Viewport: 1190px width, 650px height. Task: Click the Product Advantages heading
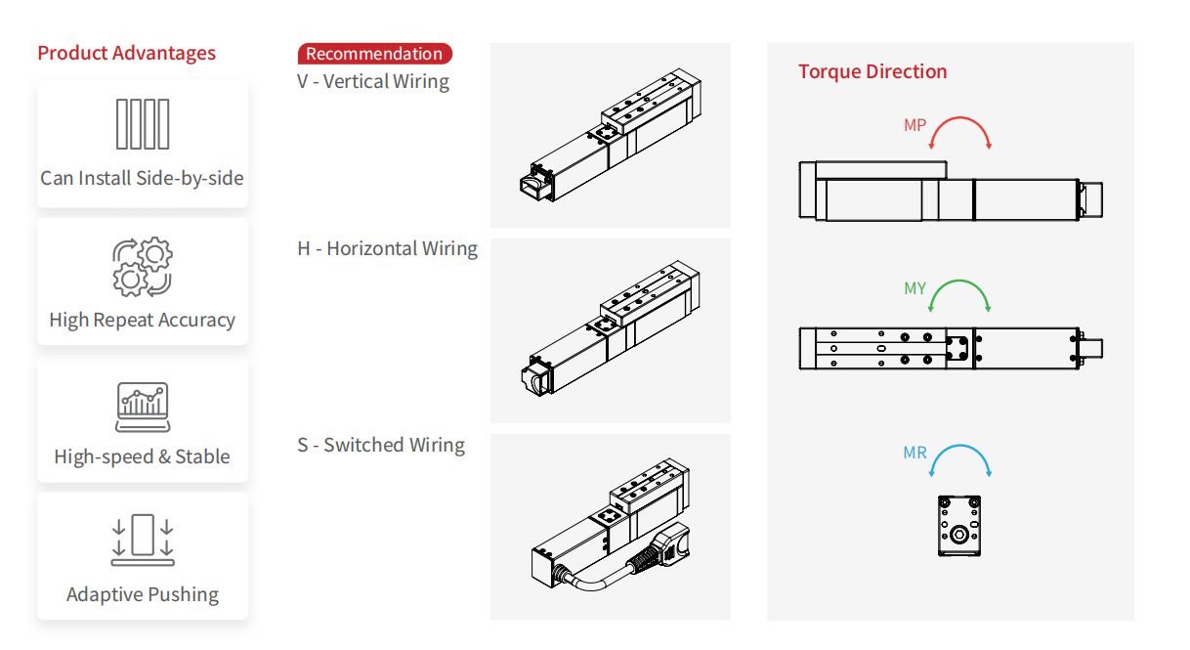pos(127,53)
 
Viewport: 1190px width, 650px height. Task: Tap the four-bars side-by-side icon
pos(143,124)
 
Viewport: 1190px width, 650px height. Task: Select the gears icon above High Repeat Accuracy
pos(143,266)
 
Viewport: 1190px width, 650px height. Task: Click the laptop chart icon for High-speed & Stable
pos(143,407)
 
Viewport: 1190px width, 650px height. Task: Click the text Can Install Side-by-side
pos(143,178)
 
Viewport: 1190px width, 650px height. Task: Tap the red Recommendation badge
pos(374,54)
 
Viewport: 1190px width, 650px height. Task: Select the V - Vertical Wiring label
pos(373,81)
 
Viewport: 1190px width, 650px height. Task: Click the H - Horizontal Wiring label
pos(387,248)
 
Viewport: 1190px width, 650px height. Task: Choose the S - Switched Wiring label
pos(381,445)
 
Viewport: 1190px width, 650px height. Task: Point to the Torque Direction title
pos(872,71)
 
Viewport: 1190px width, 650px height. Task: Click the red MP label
pos(914,125)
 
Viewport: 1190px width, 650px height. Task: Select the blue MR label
pos(914,454)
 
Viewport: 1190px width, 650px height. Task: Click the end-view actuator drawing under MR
pos(958,526)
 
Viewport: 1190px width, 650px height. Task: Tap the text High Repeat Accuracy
pos(143,320)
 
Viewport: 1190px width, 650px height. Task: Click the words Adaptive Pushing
pos(143,594)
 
